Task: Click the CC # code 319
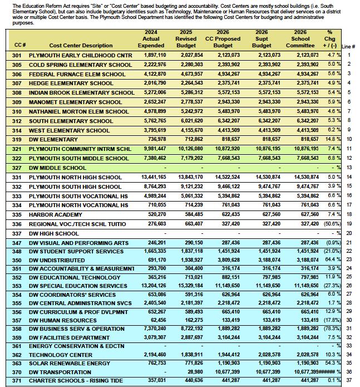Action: [x=17, y=139]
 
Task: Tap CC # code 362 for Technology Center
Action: [x=17, y=354]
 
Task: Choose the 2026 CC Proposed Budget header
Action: [x=223, y=38]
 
